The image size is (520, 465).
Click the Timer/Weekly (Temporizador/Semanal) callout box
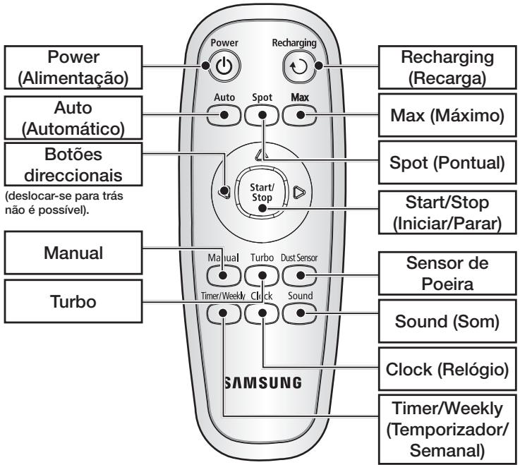(444, 427)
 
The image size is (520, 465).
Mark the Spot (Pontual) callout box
(444, 162)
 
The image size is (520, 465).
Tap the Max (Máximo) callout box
(444, 114)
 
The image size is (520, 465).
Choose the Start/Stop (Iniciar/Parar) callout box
(444, 212)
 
